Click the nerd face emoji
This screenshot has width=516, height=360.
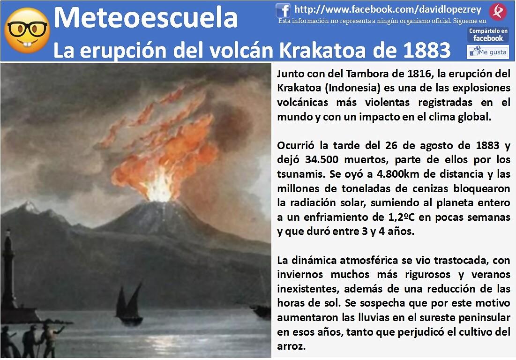click(x=27, y=30)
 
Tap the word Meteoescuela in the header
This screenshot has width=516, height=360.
click(x=145, y=18)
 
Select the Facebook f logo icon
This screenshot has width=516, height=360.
click(x=283, y=10)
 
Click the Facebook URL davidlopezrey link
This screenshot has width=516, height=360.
click(x=388, y=9)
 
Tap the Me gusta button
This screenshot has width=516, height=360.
click(x=488, y=52)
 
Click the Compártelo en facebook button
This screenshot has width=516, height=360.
click(x=488, y=35)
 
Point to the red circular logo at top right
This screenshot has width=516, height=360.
click(x=498, y=12)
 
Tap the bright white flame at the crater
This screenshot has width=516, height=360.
click(x=160, y=187)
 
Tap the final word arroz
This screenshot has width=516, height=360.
click(x=291, y=346)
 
